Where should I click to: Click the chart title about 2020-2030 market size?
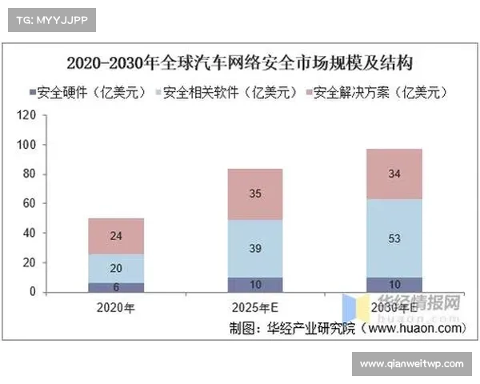(x=240, y=62)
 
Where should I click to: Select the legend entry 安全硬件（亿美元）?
(x=87, y=93)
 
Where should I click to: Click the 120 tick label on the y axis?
(x=27, y=115)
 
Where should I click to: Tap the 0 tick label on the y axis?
(x=33, y=292)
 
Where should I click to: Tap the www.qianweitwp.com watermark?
(x=412, y=364)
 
